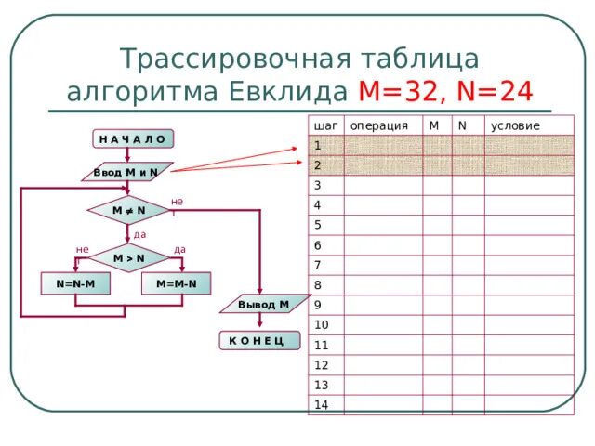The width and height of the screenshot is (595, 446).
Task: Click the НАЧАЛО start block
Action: click(x=133, y=139)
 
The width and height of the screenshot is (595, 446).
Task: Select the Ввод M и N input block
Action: click(x=126, y=173)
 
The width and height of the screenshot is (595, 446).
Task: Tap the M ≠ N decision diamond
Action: click(x=128, y=211)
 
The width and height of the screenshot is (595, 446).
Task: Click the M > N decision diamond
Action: click(x=128, y=257)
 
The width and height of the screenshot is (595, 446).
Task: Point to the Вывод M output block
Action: click(x=263, y=305)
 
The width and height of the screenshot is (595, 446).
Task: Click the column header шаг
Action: click(x=325, y=125)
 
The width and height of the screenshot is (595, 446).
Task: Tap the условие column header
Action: click(x=515, y=125)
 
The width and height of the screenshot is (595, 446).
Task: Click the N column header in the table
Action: click(x=462, y=123)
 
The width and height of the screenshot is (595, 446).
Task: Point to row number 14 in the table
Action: click(x=322, y=404)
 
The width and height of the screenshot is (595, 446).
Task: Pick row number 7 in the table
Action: click(x=318, y=265)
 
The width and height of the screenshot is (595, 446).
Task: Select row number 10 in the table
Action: click(x=321, y=324)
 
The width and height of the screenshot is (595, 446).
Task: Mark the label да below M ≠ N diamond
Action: click(x=139, y=234)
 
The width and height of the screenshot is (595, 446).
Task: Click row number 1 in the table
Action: click(x=318, y=145)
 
